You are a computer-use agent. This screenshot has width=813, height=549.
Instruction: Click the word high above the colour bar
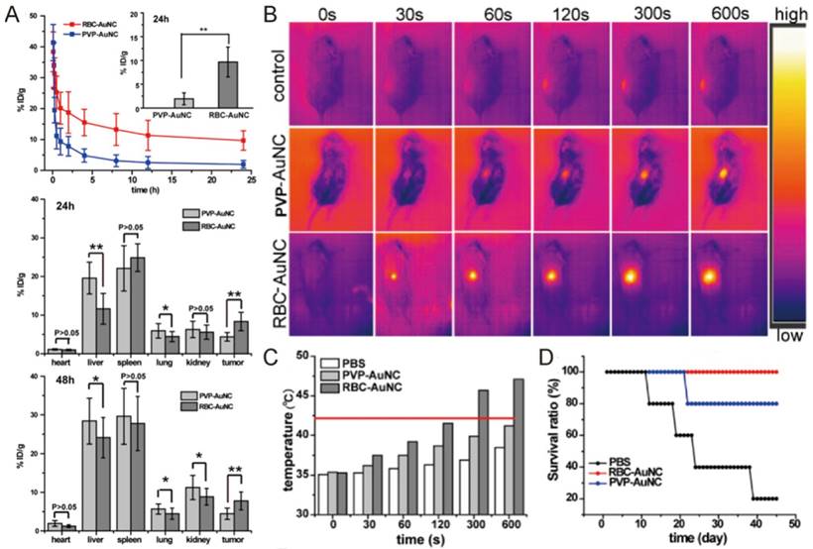pos(789,13)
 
